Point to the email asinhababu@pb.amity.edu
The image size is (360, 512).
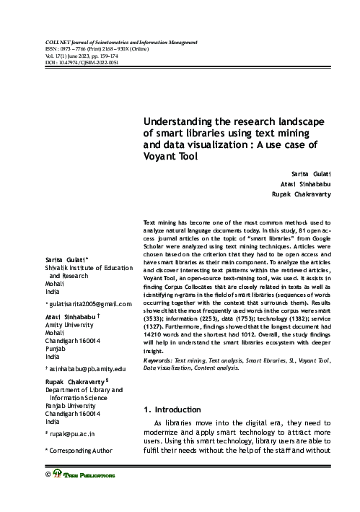[86, 369]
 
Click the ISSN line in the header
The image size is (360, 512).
[100, 51]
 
